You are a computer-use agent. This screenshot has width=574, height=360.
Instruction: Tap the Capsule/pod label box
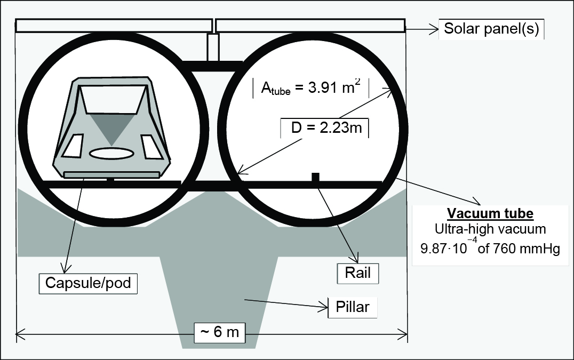88,283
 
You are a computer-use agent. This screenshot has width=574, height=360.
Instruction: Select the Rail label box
357,274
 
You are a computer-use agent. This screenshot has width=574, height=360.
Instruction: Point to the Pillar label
352,307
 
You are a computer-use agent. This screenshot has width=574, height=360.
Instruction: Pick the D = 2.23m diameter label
324,129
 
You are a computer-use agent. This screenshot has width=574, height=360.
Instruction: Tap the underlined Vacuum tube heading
490,214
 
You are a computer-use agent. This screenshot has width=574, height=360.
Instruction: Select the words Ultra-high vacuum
490,230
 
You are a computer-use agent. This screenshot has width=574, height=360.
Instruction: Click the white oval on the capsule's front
111,154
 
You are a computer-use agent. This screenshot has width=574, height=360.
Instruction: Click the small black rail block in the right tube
315,177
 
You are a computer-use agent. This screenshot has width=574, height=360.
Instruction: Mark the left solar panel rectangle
113,25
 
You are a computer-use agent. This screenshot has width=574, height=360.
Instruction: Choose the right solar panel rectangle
310,25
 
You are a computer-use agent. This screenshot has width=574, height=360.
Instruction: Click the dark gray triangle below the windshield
111,128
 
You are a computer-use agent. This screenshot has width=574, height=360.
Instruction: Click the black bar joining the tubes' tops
213,66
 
